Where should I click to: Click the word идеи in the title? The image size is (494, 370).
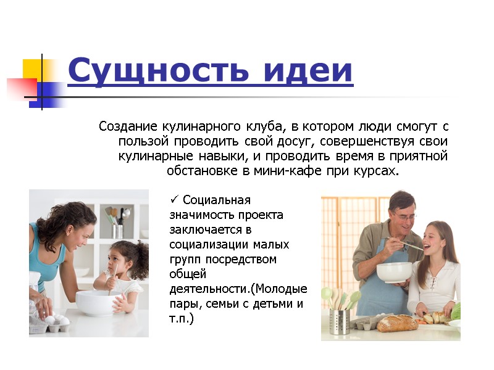[308, 70]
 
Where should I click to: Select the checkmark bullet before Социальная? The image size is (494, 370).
[174, 199]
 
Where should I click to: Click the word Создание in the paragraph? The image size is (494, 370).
[128, 126]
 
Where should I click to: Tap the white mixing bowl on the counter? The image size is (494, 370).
[95, 302]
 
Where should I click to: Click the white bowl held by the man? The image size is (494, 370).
[395, 273]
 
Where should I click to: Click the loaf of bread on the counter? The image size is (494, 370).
[398, 323]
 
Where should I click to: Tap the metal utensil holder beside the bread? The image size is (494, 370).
[339, 321]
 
